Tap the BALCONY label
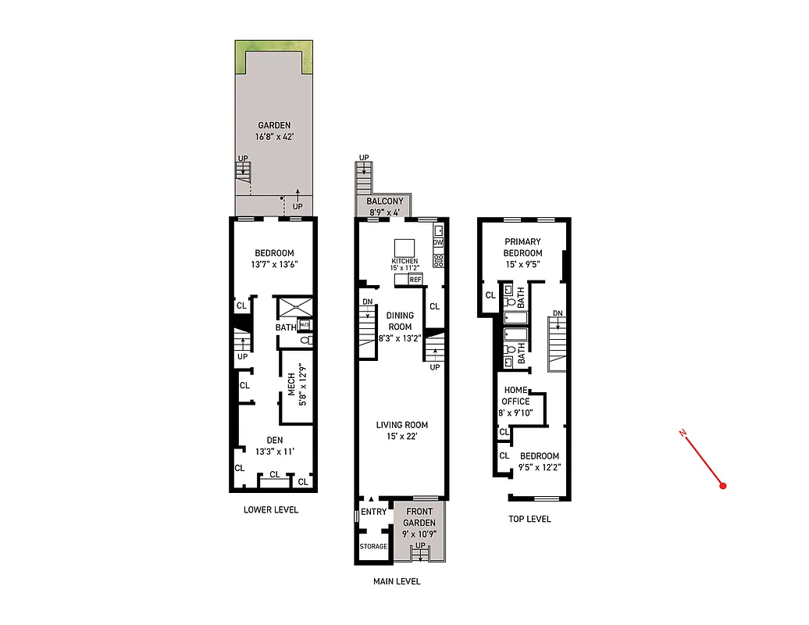pos(385,202)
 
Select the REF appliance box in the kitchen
pos(415,279)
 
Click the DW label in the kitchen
pos(438,243)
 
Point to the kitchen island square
pos(404,248)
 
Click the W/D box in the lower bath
pos(304,325)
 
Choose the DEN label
pos(273,440)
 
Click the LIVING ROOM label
pos(402,425)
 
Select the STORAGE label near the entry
pos(373,546)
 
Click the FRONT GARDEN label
pos(419,517)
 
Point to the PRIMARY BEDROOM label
pos(522,247)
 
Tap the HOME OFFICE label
pos(516,395)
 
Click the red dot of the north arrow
pos(723,486)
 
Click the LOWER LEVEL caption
pos(271,509)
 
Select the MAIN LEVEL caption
pos(397,581)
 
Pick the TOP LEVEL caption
pos(529,519)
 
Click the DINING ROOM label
pos(401,321)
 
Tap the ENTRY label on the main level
pos(374,512)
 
